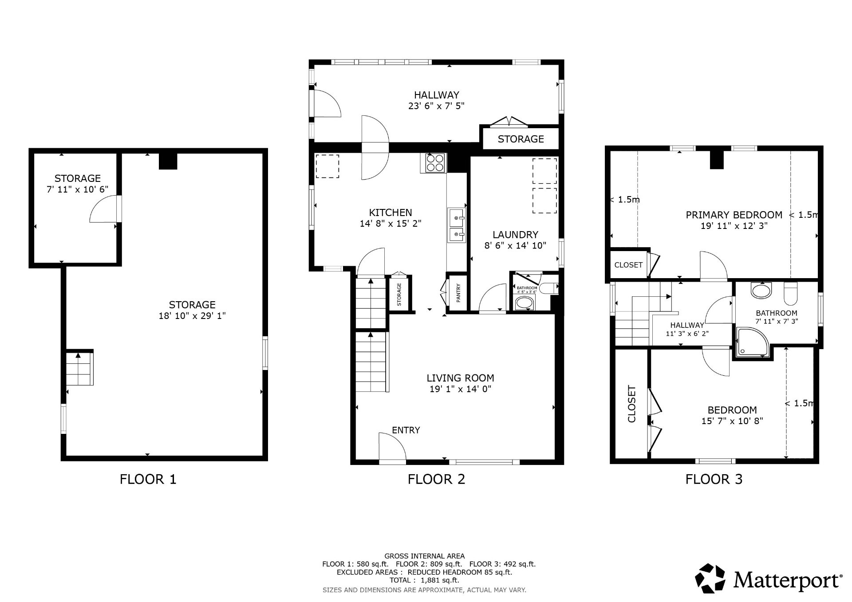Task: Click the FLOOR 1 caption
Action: coord(148,479)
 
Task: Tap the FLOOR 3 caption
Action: coord(714,479)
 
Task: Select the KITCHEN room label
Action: coord(390,212)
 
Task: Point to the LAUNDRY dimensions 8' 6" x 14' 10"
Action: coord(515,245)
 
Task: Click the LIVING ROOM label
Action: coord(460,378)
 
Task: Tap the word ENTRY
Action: coord(406,430)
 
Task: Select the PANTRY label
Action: coord(458,293)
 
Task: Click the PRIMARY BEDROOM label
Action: coord(734,215)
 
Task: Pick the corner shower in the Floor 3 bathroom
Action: coord(753,342)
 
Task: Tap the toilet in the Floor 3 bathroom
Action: coord(791,294)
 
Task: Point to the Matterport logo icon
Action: coord(710,578)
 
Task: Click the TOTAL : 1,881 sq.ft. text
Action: coord(424,580)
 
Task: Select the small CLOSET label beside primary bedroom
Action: coord(628,265)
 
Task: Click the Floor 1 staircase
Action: coord(79,368)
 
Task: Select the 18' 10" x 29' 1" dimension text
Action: coord(192,316)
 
